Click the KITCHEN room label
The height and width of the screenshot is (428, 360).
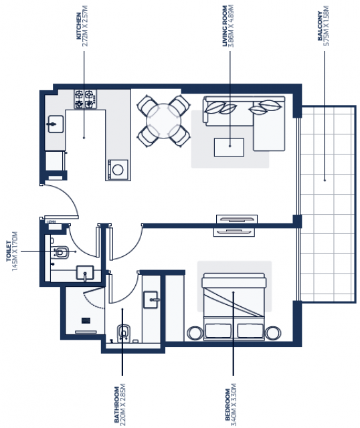(x=79, y=26)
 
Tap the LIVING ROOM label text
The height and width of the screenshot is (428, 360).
(x=225, y=26)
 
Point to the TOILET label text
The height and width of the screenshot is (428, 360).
(x=9, y=251)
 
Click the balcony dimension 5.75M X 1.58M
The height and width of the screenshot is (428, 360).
(x=326, y=26)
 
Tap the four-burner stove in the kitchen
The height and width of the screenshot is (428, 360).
(x=85, y=99)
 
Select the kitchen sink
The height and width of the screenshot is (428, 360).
(x=56, y=124)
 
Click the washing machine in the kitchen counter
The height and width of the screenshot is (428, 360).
(x=118, y=170)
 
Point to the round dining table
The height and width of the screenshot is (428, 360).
(x=164, y=121)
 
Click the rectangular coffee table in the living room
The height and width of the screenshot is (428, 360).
(x=229, y=147)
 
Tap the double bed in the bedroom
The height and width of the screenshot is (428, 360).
(x=234, y=306)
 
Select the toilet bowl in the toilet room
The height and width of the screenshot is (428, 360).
(x=62, y=252)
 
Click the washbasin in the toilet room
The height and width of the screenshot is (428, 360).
(x=85, y=272)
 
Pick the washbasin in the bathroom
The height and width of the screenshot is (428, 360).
(x=151, y=300)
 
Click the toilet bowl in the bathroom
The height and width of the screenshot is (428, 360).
(x=124, y=332)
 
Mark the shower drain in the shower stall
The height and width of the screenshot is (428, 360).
(x=86, y=320)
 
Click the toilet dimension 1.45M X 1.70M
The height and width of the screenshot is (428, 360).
(x=15, y=251)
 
